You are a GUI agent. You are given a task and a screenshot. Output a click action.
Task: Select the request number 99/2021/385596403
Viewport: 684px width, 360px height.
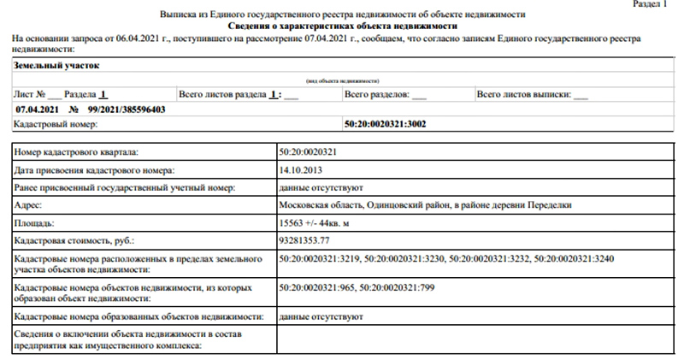point(127,109)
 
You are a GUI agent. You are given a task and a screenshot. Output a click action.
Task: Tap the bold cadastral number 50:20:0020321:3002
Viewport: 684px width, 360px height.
point(385,124)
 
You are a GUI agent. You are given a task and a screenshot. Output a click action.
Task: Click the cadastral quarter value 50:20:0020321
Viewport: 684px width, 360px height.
point(308,152)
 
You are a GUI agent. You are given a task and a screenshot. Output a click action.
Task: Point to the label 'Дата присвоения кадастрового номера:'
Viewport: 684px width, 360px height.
point(94,170)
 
